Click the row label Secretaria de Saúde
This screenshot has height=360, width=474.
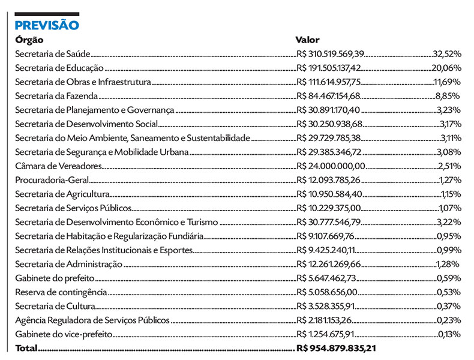[52, 53]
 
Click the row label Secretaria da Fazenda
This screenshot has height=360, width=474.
[56, 96]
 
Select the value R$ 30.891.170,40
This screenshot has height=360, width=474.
[329, 110]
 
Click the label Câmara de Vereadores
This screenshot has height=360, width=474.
[58, 166]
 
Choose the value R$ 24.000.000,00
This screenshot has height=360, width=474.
[331, 166]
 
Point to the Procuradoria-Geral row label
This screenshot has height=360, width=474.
[52, 180]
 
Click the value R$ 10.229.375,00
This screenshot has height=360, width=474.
[329, 208]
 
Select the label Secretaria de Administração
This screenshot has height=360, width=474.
[68, 264]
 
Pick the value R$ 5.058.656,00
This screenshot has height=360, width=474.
[327, 292]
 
